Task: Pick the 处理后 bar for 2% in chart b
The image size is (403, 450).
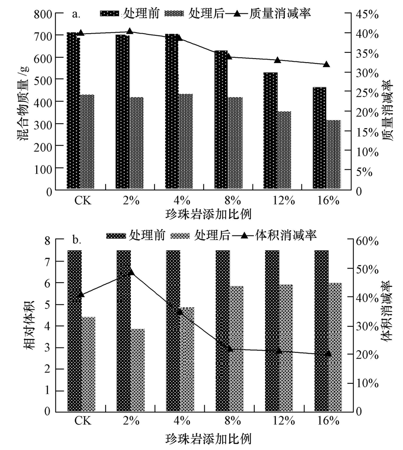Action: pyautogui.click(x=137, y=370)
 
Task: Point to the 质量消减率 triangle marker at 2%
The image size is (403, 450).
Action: pyautogui.click(x=130, y=31)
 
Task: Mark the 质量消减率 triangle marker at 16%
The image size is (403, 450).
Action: pyautogui.click(x=326, y=64)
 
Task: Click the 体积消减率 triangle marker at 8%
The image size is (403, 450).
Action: pyautogui.click(x=229, y=349)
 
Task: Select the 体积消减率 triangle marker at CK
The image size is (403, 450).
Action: pyautogui.click(x=81, y=294)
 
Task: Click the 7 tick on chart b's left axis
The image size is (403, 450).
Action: pyautogui.click(x=48, y=261)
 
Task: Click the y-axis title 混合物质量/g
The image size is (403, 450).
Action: pyautogui.click(x=24, y=102)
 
